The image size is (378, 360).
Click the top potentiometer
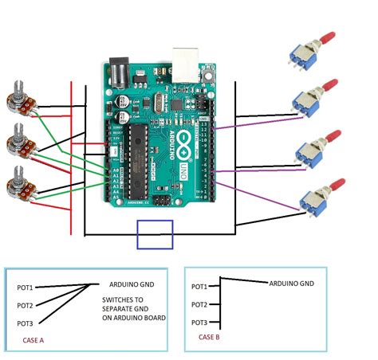[x=18, y=101]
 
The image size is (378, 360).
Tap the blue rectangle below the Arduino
[x=156, y=234]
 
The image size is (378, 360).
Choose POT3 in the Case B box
[x=199, y=323]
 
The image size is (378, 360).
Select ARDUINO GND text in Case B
[x=291, y=283]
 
